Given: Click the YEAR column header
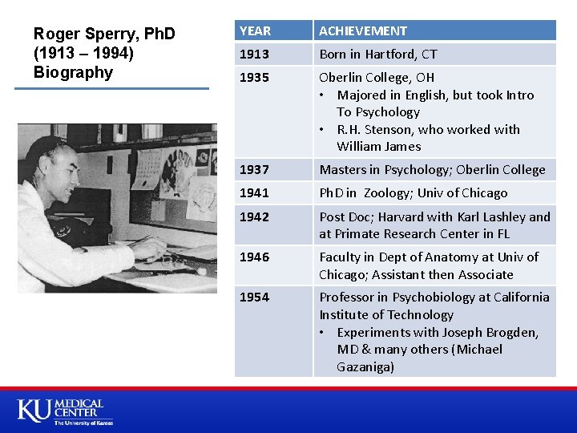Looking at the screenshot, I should click(x=256, y=30).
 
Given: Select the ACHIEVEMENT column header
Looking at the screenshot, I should click(x=363, y=30).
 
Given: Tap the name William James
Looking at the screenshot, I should click(x=378, y=147).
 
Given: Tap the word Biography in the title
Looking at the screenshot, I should click(x=74, y=72).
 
